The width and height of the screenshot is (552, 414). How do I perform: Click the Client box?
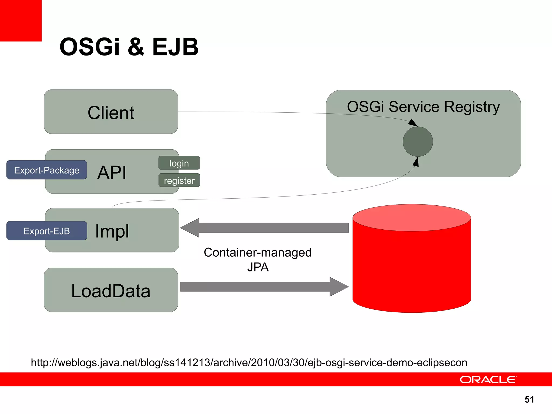[111, 112]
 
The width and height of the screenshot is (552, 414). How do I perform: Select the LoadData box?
[111, 290]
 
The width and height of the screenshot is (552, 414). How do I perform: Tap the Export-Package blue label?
[47, 170]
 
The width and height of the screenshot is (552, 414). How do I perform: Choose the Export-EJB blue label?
[47, 231]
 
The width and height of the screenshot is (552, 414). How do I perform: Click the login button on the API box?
[179, 163]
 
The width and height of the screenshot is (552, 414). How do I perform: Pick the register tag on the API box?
[179, 180]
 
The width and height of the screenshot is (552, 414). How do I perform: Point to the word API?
[112, 172]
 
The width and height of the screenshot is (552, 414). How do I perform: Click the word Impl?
[112, 231]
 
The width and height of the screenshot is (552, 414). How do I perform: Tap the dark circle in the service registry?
[418, 142]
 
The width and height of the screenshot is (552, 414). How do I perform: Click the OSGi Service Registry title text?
[423, 107]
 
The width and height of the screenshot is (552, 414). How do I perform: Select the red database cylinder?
[412, 267]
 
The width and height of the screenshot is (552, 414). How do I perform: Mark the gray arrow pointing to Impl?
[264, 228]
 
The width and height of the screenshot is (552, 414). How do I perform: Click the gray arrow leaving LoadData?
[264, 287]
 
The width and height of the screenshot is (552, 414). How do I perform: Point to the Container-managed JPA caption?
[258, 260]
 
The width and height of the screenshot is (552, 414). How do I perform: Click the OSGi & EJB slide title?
[129, 47]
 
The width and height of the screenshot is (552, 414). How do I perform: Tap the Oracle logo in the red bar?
[488, 379]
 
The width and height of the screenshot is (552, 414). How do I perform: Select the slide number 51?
[529, 399]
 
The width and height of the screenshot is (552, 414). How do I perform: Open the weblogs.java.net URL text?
[249, 363]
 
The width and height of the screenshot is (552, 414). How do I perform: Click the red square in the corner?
[21, 20]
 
